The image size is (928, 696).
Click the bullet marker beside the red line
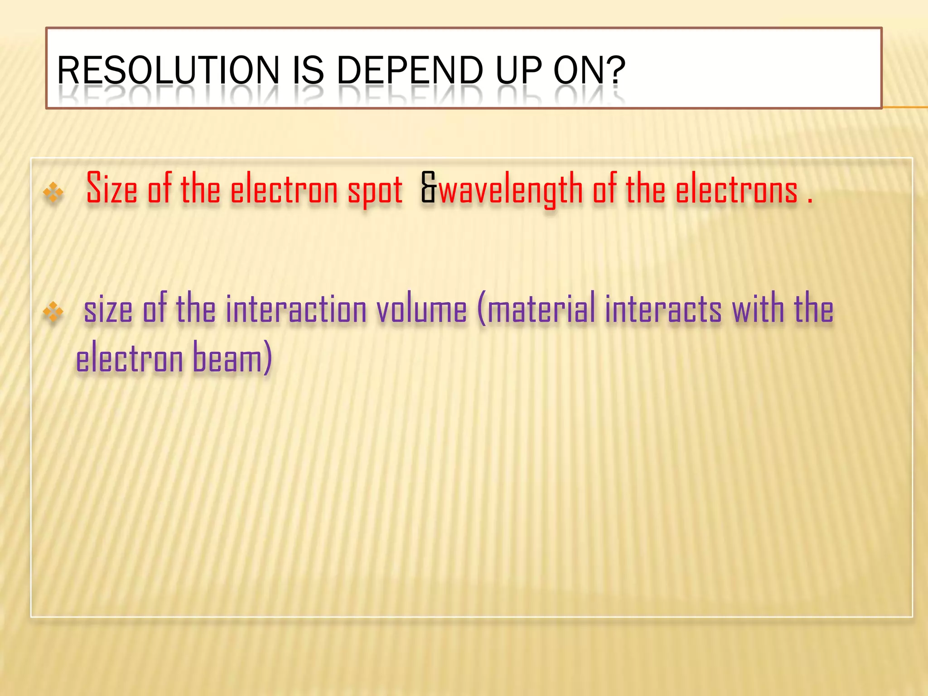click(x=53, y=192)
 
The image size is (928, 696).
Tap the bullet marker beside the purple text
click(x=53, y=312)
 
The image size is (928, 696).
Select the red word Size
click(x=111, y=188)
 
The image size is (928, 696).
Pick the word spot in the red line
click(x=375, y=190)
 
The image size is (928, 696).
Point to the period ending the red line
click(x=809, y=199)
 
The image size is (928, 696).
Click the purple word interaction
click(x=296, y=309)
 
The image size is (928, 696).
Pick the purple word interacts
click(x=663, y=309)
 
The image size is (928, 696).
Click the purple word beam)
click(x=232, y=358)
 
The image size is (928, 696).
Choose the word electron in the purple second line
click(x=129, y=358)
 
